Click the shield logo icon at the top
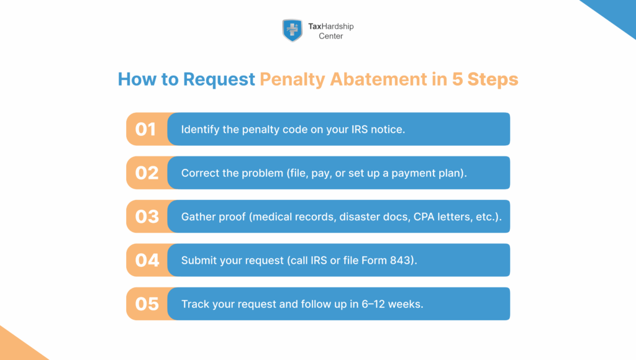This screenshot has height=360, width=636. tap(292, 30)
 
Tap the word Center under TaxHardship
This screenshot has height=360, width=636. tap(331, 36)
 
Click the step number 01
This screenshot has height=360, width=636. tap(146, 129)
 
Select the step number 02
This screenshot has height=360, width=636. tap(147, 173)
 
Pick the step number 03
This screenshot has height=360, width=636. tap(147, 217)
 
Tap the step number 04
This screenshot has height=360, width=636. tap(147, 260)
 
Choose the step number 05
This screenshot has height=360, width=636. tap(147, 304)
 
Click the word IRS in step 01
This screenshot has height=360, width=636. tap(349, 130)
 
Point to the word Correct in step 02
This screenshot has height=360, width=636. tap(201, 173)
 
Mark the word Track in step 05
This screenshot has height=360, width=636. tap(194, 304)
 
